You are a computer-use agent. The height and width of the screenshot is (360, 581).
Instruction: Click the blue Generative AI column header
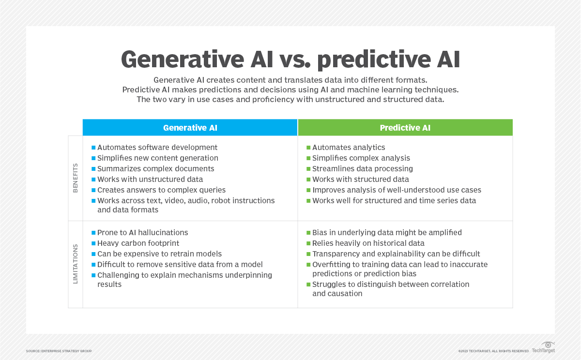[190, 128]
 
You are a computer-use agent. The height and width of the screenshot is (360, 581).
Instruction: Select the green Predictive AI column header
[405, 128]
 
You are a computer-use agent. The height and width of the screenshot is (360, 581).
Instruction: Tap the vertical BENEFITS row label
[75, 178]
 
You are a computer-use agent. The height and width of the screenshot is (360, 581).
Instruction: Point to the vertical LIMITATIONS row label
[75, 264]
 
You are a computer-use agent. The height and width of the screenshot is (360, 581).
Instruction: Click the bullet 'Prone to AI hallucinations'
[143, 232]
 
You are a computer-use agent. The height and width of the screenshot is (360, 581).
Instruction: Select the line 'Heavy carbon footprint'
[138, 243]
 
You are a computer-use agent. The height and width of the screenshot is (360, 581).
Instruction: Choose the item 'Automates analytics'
[349, 147]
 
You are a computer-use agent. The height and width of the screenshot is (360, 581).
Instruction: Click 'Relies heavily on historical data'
[368, 243]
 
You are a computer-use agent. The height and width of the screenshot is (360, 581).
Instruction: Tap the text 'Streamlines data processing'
[362, 169]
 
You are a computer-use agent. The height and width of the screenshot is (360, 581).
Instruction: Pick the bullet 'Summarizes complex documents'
[155, 169]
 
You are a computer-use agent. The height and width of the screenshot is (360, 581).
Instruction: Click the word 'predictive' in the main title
[373, 60]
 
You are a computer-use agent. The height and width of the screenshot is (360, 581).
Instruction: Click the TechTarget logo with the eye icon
[543, 347]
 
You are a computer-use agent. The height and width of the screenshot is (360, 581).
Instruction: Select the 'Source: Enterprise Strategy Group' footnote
[59, 351]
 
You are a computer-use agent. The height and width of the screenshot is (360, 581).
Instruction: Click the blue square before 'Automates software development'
[93, 148]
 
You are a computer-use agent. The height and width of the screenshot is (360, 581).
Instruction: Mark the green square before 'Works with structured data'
[308, 180]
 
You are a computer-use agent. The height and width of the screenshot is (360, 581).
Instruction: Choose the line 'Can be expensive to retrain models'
[159, 254]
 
